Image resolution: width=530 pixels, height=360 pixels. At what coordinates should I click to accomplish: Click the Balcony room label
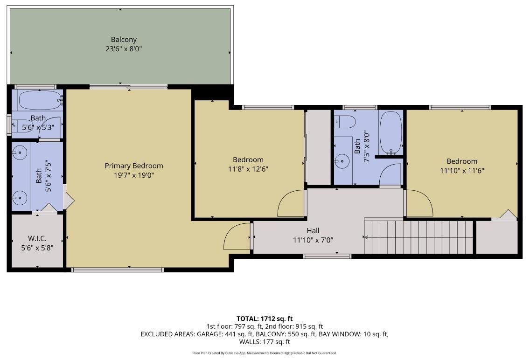[x=124, y=40]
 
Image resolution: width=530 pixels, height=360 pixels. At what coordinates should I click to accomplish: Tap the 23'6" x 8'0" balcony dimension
[x=124, y=48]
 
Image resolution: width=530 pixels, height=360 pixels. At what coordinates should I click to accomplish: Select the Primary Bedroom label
[x=134, y=166]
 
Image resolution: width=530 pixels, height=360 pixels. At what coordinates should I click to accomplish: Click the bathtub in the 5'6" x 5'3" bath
[x=40, y=100]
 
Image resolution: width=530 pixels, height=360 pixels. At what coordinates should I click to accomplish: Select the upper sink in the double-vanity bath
[x=20, y=152]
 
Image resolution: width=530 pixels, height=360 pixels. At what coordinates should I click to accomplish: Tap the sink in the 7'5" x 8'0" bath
[x=342, y=161]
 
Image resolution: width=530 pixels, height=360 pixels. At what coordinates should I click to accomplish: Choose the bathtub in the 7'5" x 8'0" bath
[x=391, y=132]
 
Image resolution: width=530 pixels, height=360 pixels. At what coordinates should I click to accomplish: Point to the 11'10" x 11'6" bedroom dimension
[x=462, y=170]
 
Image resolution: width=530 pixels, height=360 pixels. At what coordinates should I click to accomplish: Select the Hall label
[x=313, y=230]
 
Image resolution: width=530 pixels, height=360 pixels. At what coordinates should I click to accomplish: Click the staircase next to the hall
[x=418, y=237]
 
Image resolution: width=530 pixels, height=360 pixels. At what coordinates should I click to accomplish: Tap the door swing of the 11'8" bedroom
[x=291, y=204]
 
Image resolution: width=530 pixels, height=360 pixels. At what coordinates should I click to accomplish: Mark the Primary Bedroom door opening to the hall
[x=238, y=237]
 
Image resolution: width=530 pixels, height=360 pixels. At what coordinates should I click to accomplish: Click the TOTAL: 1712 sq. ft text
[x=265, y=318]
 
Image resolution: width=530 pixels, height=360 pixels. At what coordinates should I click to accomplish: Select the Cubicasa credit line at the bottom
[x=265, y=353]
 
